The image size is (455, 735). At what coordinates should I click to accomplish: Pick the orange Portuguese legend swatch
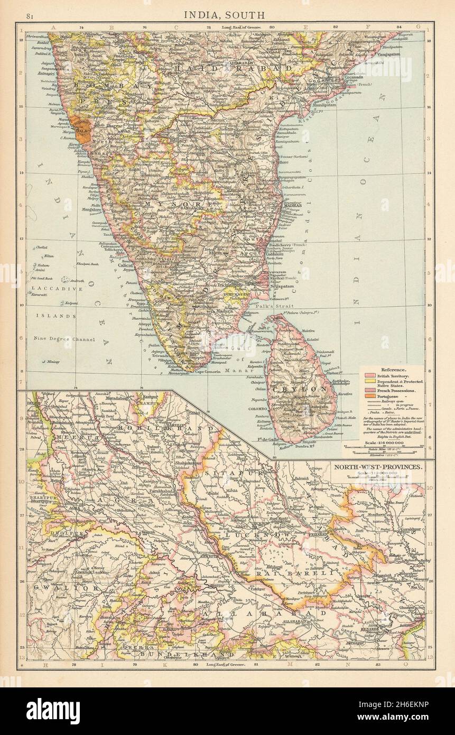(366, 396)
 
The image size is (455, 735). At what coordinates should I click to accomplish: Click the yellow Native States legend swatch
(366, 382)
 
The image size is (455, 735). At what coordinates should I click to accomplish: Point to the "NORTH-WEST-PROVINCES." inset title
(377, 467)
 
